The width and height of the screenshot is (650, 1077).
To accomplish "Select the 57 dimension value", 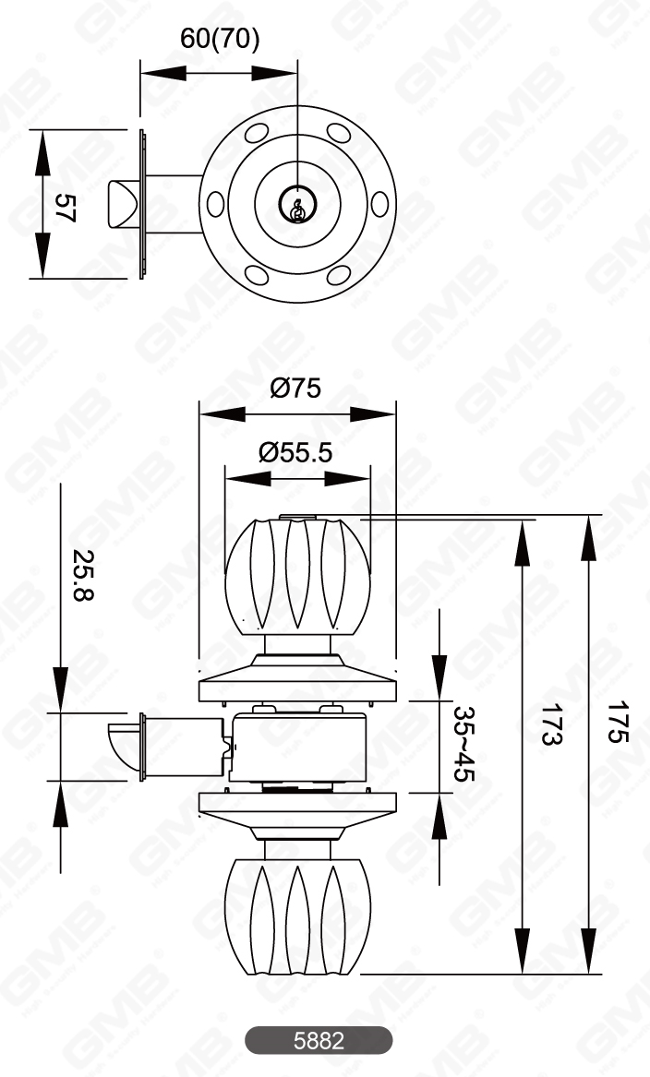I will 64,206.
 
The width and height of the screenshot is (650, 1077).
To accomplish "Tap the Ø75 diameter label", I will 295,388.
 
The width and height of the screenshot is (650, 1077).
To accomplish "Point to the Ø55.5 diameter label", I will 295,452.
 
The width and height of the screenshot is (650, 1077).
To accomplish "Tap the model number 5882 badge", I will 319,1040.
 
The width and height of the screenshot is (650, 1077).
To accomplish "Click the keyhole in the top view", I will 297,207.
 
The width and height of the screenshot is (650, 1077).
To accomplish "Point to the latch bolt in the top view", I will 123,204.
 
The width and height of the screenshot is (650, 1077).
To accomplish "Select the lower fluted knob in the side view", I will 297,916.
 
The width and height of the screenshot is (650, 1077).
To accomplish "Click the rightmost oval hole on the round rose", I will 379,204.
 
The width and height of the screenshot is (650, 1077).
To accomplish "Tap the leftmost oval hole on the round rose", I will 215,204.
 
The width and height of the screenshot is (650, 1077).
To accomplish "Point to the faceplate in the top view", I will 143,204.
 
